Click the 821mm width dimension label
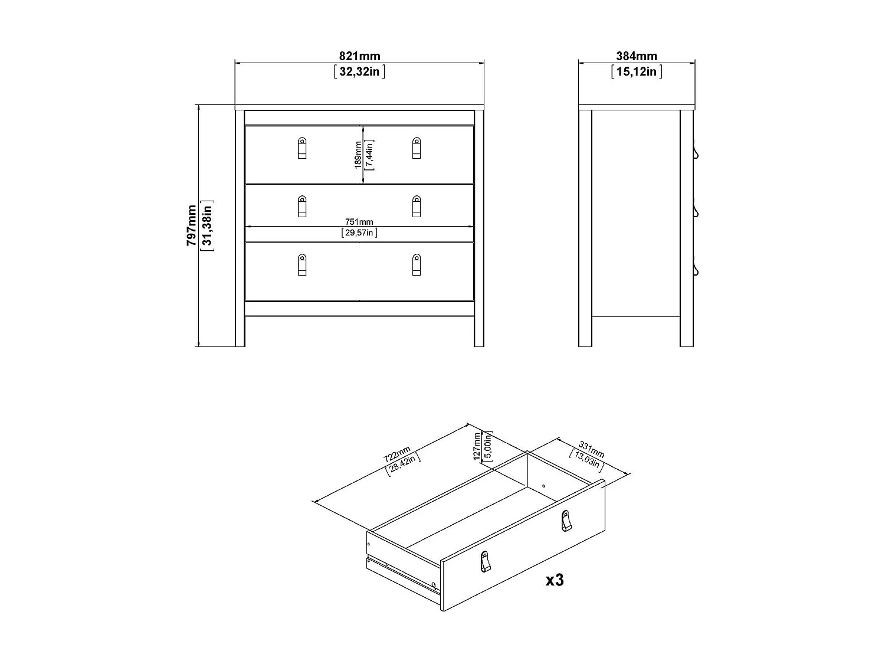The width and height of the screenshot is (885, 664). click(x=359, y=57)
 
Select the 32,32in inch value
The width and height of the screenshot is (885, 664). click(x=359, y=72)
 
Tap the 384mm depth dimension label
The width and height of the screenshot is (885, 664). click(x=637, y=57)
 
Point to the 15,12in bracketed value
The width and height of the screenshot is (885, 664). click(x=637, y=72)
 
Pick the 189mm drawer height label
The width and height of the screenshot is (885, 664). click(x=358, y=155)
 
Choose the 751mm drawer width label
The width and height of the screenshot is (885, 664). click(x=359, y=222)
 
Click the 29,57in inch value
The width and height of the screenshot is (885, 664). click(x=359, y=233)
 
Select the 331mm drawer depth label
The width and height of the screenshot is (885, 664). click(x=591, y=449)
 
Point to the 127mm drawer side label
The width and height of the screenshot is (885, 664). click(x=477, y=446)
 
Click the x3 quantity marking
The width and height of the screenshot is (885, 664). click(x=555, y=580)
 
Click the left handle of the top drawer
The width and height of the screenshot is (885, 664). click(x=302, y=148)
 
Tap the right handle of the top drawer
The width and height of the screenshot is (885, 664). click(x=417, y=148)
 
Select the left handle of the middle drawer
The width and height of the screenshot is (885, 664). click(x=302, y=206)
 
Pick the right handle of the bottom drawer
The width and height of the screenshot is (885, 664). click(x=417, y=264)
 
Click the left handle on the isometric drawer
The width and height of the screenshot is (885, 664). click(x=485, y=561)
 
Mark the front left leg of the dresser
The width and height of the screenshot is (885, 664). click(x=240, y=331)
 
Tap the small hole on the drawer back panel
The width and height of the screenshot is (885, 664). click(x=543, y=486)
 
